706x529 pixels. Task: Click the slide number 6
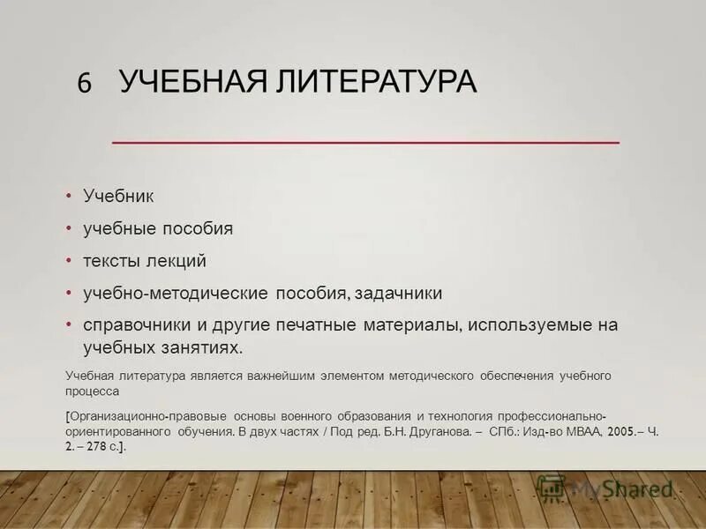85,83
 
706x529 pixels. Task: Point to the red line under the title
365,141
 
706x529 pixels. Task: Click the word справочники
133,325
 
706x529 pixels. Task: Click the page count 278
95,447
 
